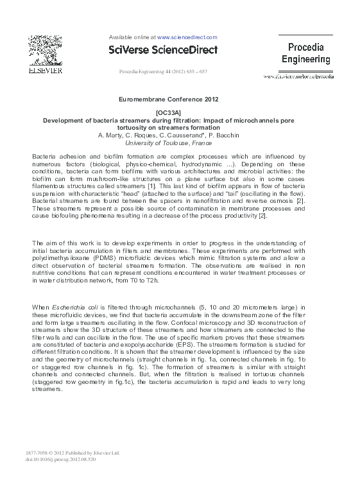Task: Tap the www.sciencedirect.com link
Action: (x=187, y=37)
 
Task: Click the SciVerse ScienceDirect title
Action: (x=163, y=49)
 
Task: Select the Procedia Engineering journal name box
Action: (x=306, y=53)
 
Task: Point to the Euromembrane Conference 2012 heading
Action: (x=169, y=100)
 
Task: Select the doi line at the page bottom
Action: (x=60, y=460)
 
